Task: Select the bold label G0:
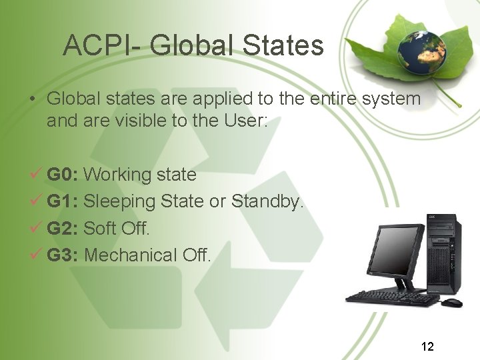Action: [63, 175]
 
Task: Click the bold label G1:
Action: [63, 201]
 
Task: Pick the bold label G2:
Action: [63, 228]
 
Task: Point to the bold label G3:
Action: [63, 255]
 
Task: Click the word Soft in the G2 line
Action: [100, 228]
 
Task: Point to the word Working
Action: [119, 175]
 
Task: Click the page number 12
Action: [427, 346]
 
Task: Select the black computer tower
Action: [443, 257]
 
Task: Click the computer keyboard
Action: [393, 297]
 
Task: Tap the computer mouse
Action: [451, 303]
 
